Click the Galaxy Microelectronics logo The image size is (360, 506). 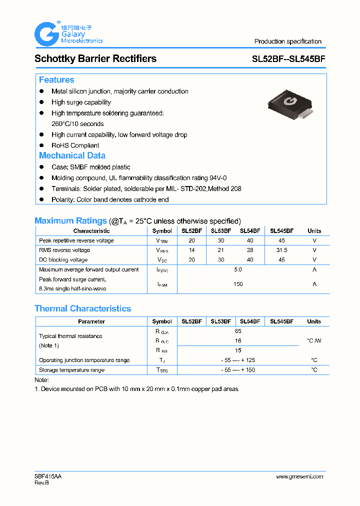[x=68, y=34]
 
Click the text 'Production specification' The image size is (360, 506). [x=287, y=41]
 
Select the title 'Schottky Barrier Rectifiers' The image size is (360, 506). [x=95, y=58]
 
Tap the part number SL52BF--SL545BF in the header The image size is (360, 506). [x=288, y=58]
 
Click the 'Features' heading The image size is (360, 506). [x=56, y=80]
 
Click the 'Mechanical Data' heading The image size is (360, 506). [x=72, y=155]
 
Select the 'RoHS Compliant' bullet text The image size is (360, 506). [x=75, y=145]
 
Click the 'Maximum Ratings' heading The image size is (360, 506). [x=70, y=220]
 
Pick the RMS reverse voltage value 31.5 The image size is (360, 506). [x=281, y=250]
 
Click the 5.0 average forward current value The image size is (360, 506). [x=238, y=269]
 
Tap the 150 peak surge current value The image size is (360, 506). [x=238, y=284]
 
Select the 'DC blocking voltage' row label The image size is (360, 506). [x=63, y=260]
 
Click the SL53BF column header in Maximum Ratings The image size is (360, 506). [x=221, y=231]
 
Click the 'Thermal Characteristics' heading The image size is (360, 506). [x=82, y=308]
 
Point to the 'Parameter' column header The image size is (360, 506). [x=91, y=321]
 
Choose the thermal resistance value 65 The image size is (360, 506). [x=238, y=331]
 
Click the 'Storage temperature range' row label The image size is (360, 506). [x=71, y=370]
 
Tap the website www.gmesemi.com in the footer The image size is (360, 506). [x=299, y=476]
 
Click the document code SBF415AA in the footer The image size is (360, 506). [x=48, y=476]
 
